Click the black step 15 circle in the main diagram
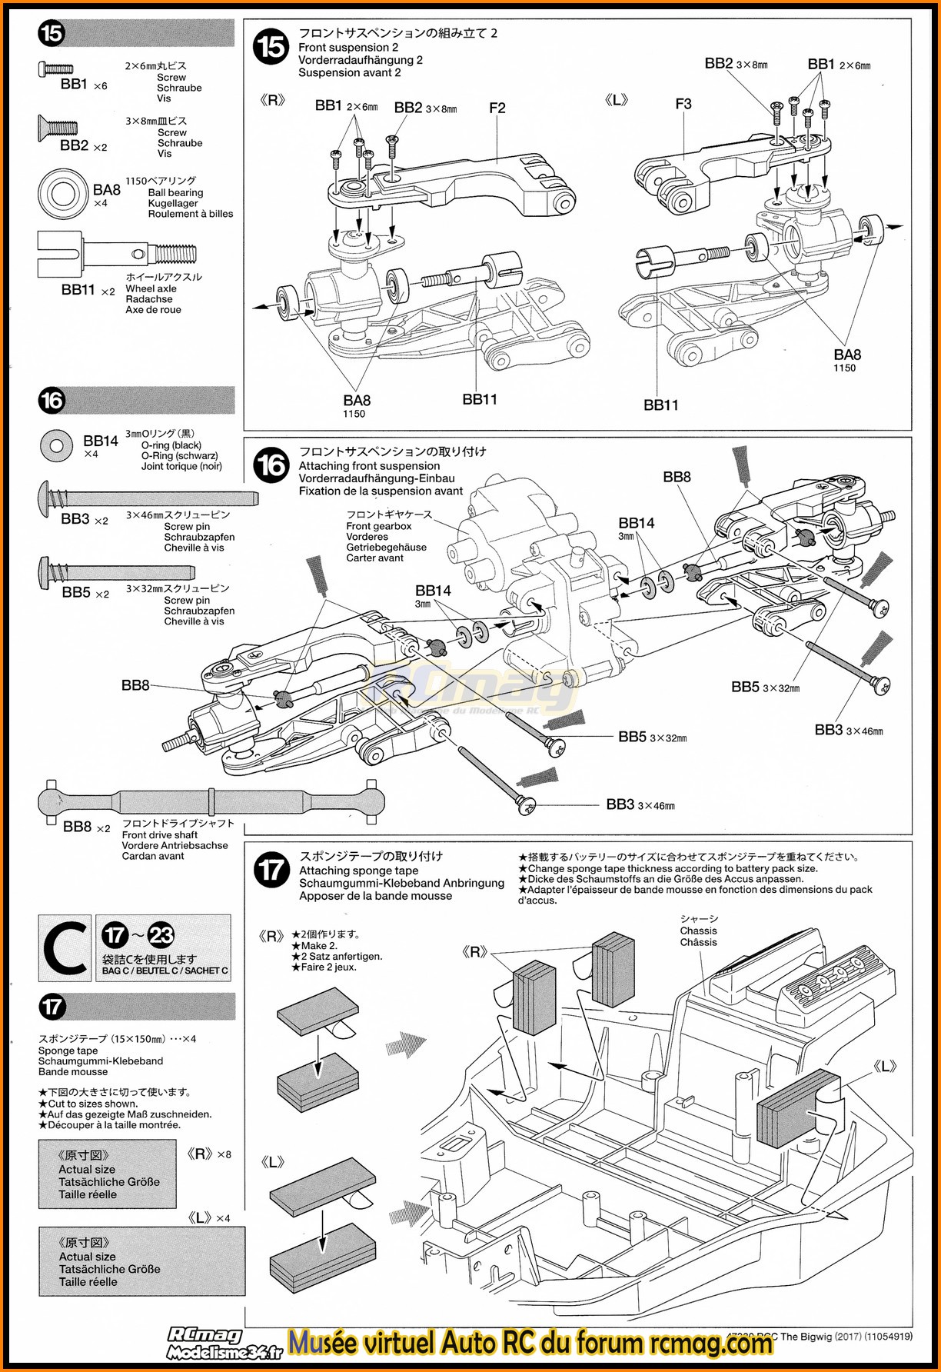click(271, 48)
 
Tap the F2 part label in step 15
click(497, 108)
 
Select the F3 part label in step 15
click(683, 104)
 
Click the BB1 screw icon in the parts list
click(55, 69)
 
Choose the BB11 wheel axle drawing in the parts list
click(115, 254)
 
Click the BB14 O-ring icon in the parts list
click(55, 445)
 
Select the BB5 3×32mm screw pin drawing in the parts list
click(115, 572)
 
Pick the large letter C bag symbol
click(65, 947)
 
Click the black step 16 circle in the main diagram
click(271, 466)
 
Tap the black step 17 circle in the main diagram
click(271, 871)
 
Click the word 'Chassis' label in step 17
click(698, 931)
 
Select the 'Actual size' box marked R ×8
click(108, 1174)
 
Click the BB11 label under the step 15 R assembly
click(480, 399)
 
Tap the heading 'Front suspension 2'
click(348, 48)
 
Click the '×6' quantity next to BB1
click(100, 86)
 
